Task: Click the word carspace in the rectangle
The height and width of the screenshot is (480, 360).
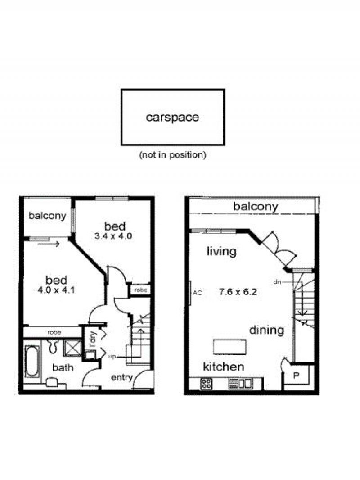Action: pyautogui.click(x=172, y=118)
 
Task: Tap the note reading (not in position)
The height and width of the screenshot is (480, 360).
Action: pyautogui.click(x=172, y=155)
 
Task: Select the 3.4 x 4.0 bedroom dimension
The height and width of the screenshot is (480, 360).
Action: pyautogui.click(x=113, y=236)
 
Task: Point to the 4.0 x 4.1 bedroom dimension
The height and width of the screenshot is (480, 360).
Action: pyautogui.click(x=56, y=290)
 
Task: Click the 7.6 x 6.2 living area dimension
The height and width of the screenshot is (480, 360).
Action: pyautogui.click(x=238, y=292)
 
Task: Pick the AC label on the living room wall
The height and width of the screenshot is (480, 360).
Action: pyautogui.click(x=198, y=293)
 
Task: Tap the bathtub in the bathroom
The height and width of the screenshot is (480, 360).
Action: pyautogui.click(x=32, y=362)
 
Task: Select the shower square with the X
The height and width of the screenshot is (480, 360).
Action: pyautogui.click(x=72, y=348)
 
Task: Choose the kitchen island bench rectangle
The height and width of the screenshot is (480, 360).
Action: pyautogui.click(x=229, y=347)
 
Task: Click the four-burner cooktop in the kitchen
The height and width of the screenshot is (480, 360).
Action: pyautogui.click(x=206, y=384)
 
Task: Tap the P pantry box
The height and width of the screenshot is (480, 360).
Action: pyautogui.click(x=296, y=375)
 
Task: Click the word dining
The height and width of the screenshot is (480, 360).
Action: pyautogui.click(x=267, y=331)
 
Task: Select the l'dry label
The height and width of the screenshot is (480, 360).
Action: pyautogui.click(x=93, y=340)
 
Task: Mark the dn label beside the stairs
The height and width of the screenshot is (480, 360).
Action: pyautogui.click(x=277, y=282)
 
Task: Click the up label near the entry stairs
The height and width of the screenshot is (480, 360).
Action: pyautogui.click(x=112, y=357)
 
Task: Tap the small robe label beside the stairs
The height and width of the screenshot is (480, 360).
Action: pyautogui.click(x=141, y=290)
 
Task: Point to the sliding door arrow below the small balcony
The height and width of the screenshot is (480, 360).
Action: pyautogui.click(x=49, y=244)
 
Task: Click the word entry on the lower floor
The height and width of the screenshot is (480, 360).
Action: pyautogui.click(x=122, y=378)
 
